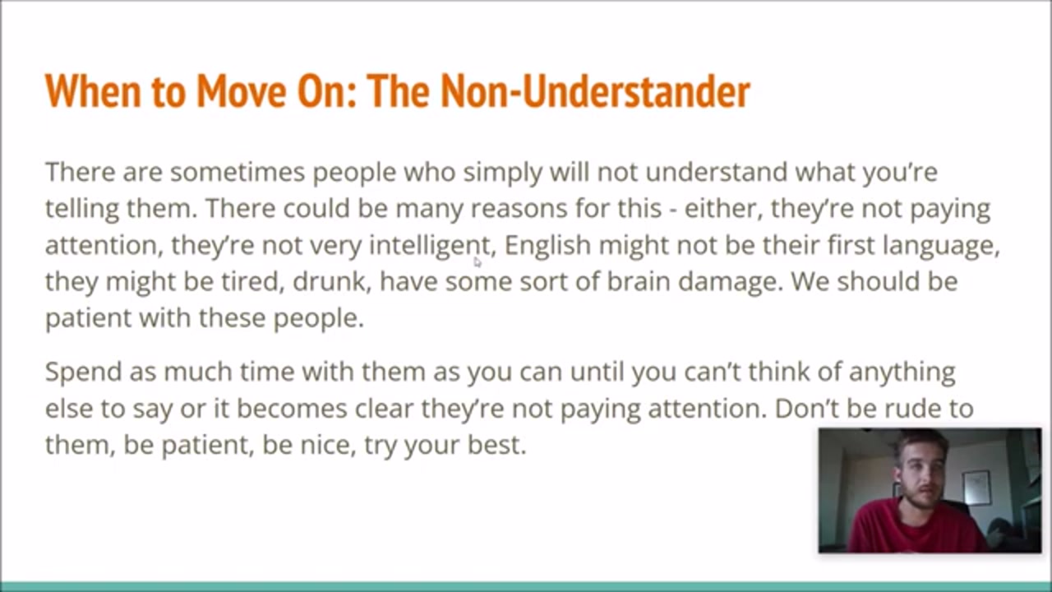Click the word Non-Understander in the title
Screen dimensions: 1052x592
[x=596, y=91]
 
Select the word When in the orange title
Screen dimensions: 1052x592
[x=93, y=91]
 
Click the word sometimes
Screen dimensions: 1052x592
[x=238, y=172]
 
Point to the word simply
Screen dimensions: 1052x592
[x=502, y=173]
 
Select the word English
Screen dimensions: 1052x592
[x=547, y=245]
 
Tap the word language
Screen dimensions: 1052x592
[x=941, y=246]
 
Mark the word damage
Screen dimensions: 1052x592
[x=731, y=283]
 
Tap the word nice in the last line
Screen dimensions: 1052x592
[x=328, y=445]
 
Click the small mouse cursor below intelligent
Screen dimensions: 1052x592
[x=478, y=262]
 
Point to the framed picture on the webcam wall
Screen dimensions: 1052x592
[x=977, y=488]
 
